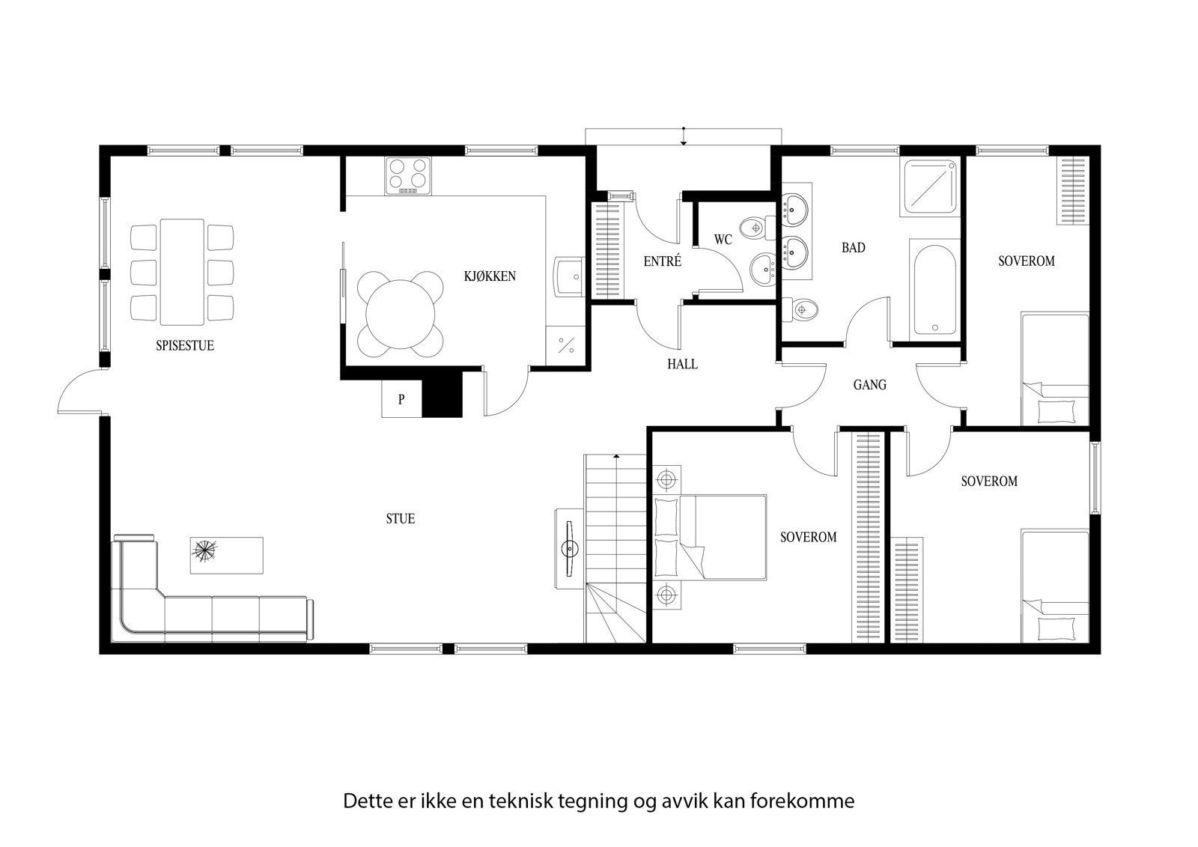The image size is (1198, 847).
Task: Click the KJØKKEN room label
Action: [490, 276]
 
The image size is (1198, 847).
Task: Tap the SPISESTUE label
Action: [185, 346]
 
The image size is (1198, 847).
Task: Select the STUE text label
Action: [400, 518]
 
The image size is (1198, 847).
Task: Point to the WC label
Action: [723, 240]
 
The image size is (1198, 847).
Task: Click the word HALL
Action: [682, 364]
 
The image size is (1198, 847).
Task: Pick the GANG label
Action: [869, 385]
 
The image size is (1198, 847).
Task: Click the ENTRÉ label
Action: [662, 261]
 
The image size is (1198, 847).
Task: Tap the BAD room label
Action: [853, 247]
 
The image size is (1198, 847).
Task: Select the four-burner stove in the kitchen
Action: [409, 176]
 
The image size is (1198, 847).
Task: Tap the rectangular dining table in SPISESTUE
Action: [182, 271]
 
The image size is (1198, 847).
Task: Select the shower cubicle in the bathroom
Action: [930, 186]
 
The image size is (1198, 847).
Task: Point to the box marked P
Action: [401, 399]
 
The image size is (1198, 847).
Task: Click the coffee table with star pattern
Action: [226, 555]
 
